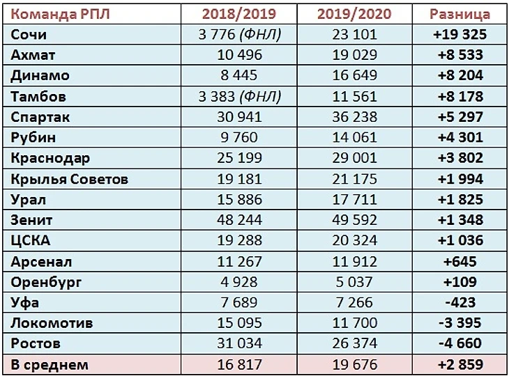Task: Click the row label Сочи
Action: [x=29, y=34]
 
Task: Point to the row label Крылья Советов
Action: [x=70, y=179]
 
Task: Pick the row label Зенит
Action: [x=32, y=220]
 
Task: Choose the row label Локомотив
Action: [x=52, y=323]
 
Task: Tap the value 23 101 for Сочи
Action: [x=356, y=34]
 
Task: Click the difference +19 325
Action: [x=459, y=34]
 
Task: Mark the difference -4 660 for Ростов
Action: [x=459, y=344]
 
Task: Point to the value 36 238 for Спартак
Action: [x=356, y=117]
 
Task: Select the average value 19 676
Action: [x=356, y=364]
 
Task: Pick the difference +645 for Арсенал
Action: [x=459, y=262]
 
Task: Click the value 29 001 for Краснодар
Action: [x=356, y=158]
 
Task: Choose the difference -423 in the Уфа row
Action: [x=459, y=303]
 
